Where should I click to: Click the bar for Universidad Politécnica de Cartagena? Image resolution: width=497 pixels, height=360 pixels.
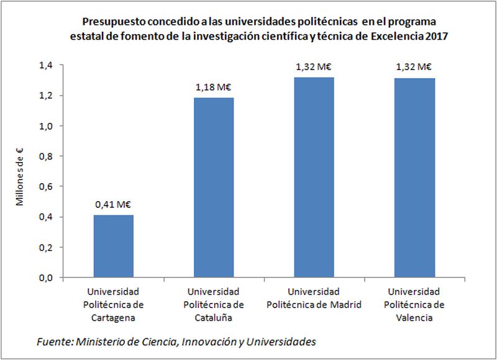(114, 246)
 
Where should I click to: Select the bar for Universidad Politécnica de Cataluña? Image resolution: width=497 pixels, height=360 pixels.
(214, 187)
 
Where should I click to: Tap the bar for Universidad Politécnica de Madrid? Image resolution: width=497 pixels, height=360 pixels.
(314, 178)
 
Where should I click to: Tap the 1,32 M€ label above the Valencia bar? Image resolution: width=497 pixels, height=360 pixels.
(414, 66)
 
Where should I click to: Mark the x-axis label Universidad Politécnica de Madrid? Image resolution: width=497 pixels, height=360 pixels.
(314, 297)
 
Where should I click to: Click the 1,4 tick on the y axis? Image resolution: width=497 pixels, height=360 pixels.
(46, 65)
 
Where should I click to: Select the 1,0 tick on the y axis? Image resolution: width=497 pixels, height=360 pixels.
(46, 125)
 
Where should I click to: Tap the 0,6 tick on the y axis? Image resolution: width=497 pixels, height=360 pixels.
(46, 186)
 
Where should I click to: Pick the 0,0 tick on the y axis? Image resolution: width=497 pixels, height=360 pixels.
(46, 277)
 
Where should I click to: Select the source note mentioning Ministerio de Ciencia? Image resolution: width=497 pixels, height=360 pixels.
(176, 341)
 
